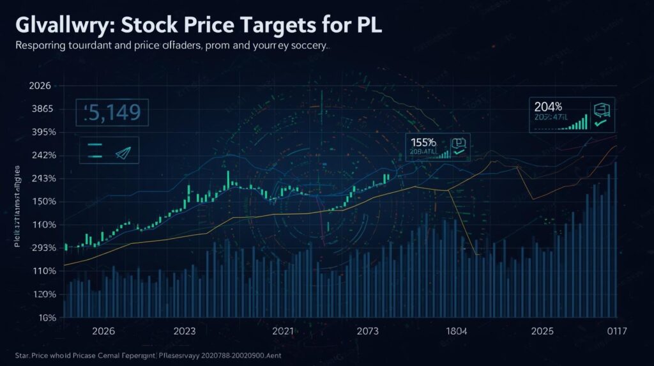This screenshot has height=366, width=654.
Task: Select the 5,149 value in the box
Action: (x=112, y=114)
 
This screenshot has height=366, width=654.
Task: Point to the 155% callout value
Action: (x=423, y=142)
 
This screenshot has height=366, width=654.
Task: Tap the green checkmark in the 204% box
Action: (x=600, y=122)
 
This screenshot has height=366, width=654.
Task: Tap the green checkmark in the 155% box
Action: (x=457, y=153)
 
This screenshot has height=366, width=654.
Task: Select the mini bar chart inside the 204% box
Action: (x=579, y=122)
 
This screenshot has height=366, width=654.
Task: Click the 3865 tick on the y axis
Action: (x=26, y=109)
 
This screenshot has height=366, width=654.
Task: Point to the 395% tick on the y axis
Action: (x=26, y=132)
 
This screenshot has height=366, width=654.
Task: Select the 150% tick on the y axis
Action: (x=26, y=202)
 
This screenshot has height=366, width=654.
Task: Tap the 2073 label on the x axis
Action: (x=367, y=332)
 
